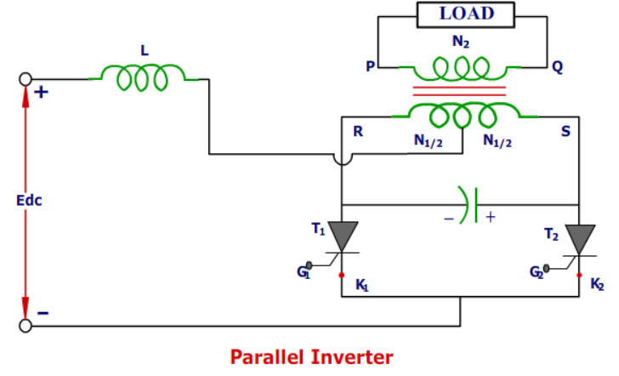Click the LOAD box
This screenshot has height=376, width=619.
(465, 14)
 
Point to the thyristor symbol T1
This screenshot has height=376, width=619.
(343, 236)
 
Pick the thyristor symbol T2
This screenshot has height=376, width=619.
(581, 239)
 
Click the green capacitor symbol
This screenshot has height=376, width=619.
(470, 204)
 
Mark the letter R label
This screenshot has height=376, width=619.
(358, 133)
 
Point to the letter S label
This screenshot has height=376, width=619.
(565, 133)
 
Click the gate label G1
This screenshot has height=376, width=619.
(304, 271)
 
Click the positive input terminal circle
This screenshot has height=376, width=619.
(26, 80)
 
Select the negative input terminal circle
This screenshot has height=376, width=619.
(26, 325)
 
